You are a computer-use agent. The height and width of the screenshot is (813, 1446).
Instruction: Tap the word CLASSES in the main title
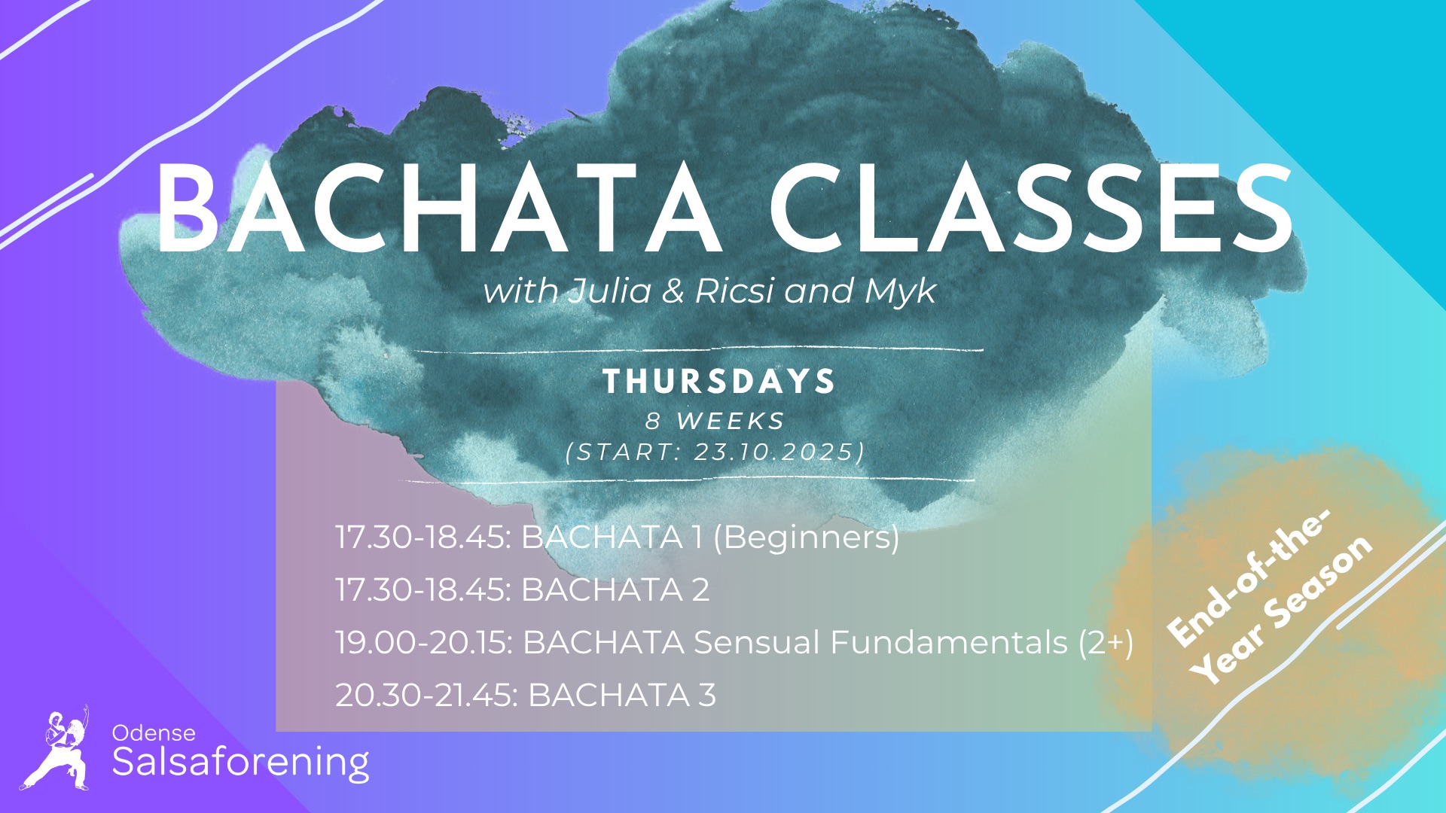click(1031, 209)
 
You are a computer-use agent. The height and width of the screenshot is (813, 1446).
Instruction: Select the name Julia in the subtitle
click(610, 291)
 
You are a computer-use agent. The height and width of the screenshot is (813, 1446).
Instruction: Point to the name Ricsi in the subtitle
click(734, 291)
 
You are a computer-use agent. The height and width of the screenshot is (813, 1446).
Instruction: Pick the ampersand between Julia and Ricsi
click(673, 291)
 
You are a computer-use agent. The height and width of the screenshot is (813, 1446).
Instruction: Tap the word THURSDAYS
click(719, 381)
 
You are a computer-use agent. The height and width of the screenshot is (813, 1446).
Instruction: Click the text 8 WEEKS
click(715, 421)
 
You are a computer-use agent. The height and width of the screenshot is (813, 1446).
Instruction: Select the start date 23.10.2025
click(775, 452)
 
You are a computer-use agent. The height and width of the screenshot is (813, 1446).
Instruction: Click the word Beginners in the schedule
click(807, 537)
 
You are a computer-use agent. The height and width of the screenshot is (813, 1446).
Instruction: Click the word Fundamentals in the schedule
click(949, 643)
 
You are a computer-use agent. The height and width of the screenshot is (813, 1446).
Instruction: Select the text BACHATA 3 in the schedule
click(621, 695)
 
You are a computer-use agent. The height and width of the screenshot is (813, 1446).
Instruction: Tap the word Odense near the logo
click(154, 732)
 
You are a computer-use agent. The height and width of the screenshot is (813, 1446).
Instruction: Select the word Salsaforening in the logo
click(241, 763)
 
